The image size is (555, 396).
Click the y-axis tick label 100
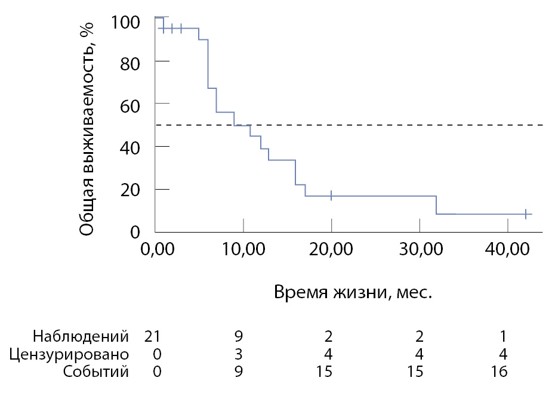tap(127, 22)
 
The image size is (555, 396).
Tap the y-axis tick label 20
tap(132, 190)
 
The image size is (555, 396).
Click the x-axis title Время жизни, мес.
tap(353, 293)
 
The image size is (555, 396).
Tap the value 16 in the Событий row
tap(500, 372)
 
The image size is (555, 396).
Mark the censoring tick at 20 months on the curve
tap(331, 196)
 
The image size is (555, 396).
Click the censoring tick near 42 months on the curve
tap(526, 214)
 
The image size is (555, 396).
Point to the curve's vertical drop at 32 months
tap(436, 205)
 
